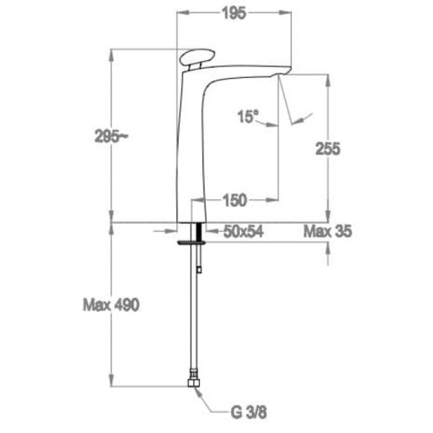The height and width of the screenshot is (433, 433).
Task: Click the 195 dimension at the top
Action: (234, 13)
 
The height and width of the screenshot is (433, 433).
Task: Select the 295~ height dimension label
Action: (111, 136)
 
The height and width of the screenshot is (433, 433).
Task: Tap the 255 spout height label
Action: (328, 148)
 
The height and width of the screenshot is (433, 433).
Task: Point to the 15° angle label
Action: (248, 116)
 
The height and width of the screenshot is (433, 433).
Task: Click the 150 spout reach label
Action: (234, 200)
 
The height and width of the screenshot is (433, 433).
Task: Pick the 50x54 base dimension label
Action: (243, 231)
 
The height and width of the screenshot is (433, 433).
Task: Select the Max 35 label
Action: (328, 231)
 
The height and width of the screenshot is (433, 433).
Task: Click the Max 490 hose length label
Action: (111, 305)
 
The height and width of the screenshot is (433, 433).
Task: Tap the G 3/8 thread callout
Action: (249, 413)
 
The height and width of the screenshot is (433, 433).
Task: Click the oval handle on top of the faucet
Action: (197, 57)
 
